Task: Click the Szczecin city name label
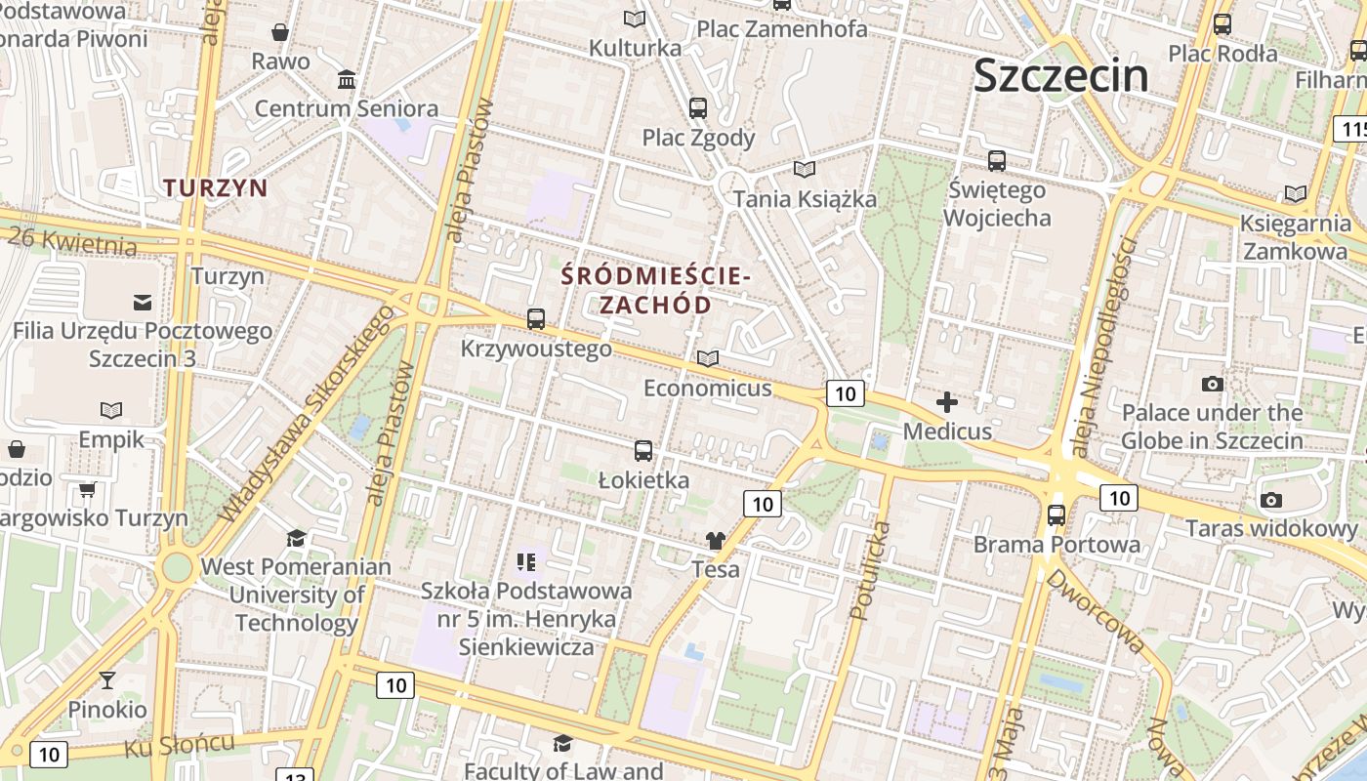1061,75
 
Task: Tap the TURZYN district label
215,187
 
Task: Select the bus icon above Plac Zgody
697,108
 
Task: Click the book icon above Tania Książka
804,170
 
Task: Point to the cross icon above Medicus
946,401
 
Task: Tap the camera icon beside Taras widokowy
1270,500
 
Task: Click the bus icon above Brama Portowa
1056,514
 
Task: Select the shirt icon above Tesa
716,540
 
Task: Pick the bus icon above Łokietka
642,451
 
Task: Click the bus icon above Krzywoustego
535,318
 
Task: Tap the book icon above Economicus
707,359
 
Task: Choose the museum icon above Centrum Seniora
346,79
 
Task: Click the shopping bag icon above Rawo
280,32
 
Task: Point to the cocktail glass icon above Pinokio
107,679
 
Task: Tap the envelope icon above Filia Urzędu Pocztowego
143,302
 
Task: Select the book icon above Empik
111,410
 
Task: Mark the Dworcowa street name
1095,611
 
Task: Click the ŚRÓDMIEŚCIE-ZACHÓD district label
655,290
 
